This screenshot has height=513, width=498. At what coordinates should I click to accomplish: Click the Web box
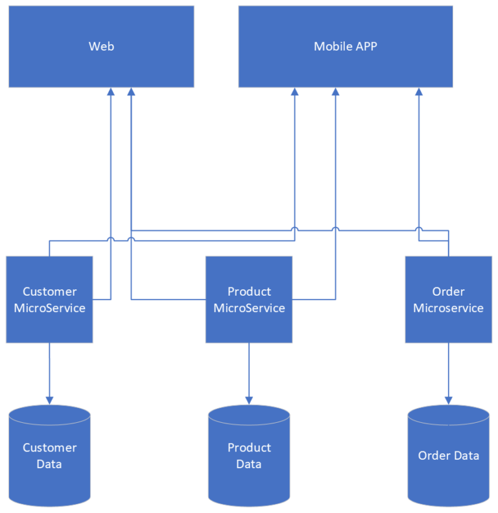pos(101,47)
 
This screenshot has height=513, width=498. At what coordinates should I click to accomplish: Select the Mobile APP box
pos(345,47)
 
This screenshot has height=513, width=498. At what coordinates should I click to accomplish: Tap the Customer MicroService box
pos(49,300)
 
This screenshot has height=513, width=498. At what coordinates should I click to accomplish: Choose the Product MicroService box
pos(249,300)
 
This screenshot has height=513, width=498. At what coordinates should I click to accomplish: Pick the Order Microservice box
pos(448,300)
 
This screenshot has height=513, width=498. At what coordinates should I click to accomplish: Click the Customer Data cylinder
pos(49,455)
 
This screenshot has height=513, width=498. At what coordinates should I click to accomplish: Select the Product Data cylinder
pos(249,455)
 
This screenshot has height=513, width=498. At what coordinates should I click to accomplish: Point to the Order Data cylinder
pos(448,455)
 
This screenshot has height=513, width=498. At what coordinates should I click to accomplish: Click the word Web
pos(101,47)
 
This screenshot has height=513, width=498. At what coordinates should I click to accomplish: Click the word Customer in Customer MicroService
pos(49,292)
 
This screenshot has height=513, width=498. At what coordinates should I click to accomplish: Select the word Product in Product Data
pos(249,447)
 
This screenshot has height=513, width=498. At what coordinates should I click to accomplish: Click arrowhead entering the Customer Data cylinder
pos(49,400)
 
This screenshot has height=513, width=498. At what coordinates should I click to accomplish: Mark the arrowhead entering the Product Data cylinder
pos(249,400)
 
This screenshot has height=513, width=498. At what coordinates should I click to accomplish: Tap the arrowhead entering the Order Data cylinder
pos(448,400)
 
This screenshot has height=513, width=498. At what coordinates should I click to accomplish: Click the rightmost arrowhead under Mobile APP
pos(418,92)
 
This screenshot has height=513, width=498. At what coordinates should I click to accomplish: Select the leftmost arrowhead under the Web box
pos(111,92)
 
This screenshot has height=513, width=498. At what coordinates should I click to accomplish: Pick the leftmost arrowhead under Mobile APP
pos(294,92)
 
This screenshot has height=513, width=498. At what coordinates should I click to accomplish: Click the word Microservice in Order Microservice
pos(448,308)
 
